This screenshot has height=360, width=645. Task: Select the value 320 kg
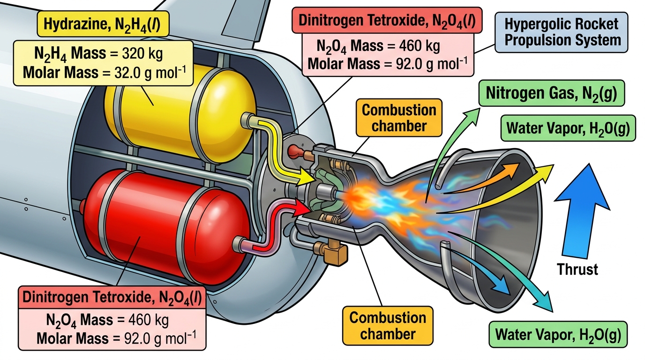(142, 53)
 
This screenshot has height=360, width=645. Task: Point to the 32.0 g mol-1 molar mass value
(150, 72)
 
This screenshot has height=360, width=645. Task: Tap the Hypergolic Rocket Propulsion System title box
(561, 32)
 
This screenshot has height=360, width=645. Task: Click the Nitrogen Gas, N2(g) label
(551, 93)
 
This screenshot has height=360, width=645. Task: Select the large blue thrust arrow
(582, 211)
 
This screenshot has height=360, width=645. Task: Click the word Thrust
(577, 270)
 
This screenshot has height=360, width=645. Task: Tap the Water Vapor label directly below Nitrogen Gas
(568, 128)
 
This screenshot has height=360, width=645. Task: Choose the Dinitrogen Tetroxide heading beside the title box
(387, 20)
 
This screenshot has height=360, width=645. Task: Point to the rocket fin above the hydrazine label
(219, 20)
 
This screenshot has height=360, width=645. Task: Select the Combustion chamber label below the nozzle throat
(388, 326)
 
